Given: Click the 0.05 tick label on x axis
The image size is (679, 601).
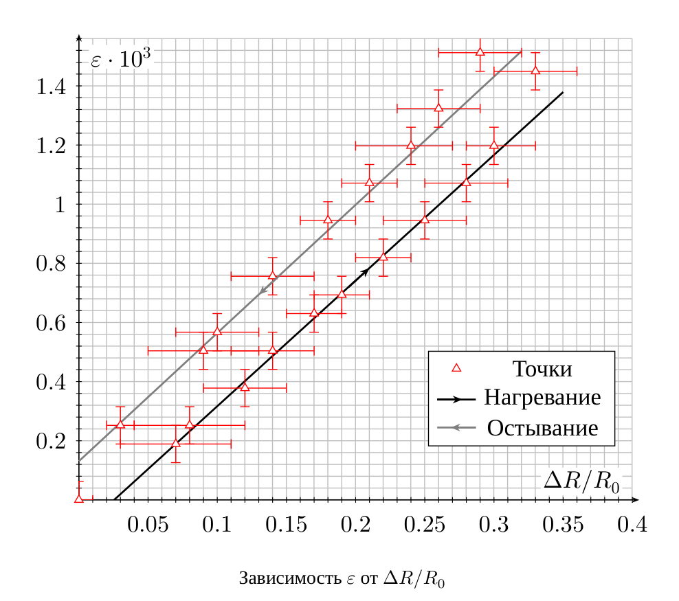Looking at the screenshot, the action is click(148, 525).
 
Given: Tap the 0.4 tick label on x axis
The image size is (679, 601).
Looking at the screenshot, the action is click(632, 525).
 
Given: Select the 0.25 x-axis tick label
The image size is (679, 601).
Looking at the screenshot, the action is click(425, 525).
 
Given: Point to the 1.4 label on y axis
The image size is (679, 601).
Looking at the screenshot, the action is click(51, 87).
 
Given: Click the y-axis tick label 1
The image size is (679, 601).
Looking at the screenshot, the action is click(60, 205).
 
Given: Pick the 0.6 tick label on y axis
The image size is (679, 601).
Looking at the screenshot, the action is click(51, 324).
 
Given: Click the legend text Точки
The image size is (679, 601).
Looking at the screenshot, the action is click(542, 369).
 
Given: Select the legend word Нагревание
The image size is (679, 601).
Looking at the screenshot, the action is click(542, 397).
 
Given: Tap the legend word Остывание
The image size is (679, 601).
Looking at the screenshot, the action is click(542, 428).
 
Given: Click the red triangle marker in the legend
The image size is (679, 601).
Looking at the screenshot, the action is click(456, 368).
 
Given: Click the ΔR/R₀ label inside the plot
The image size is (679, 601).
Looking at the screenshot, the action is click(581, 481).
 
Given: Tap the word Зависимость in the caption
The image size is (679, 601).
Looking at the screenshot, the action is click(290, 578).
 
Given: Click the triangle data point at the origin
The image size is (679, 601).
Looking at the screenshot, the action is click(79, 499).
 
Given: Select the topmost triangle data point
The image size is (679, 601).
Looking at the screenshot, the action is click(480, 52).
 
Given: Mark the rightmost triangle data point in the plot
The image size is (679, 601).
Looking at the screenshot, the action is click(535, 71).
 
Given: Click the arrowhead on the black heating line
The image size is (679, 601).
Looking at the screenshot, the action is click(365, 271).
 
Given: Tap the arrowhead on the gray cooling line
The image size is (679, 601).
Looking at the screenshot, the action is click(263, 291).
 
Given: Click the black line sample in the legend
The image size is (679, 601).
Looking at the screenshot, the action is click(456, 399).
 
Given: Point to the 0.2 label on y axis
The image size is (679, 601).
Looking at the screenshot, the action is click(51, 442).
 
